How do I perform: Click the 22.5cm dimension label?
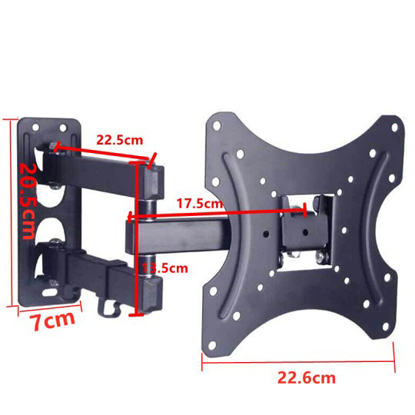[119, 140]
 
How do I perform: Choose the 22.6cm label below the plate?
[306, 377]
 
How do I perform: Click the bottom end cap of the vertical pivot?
[152, 292]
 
